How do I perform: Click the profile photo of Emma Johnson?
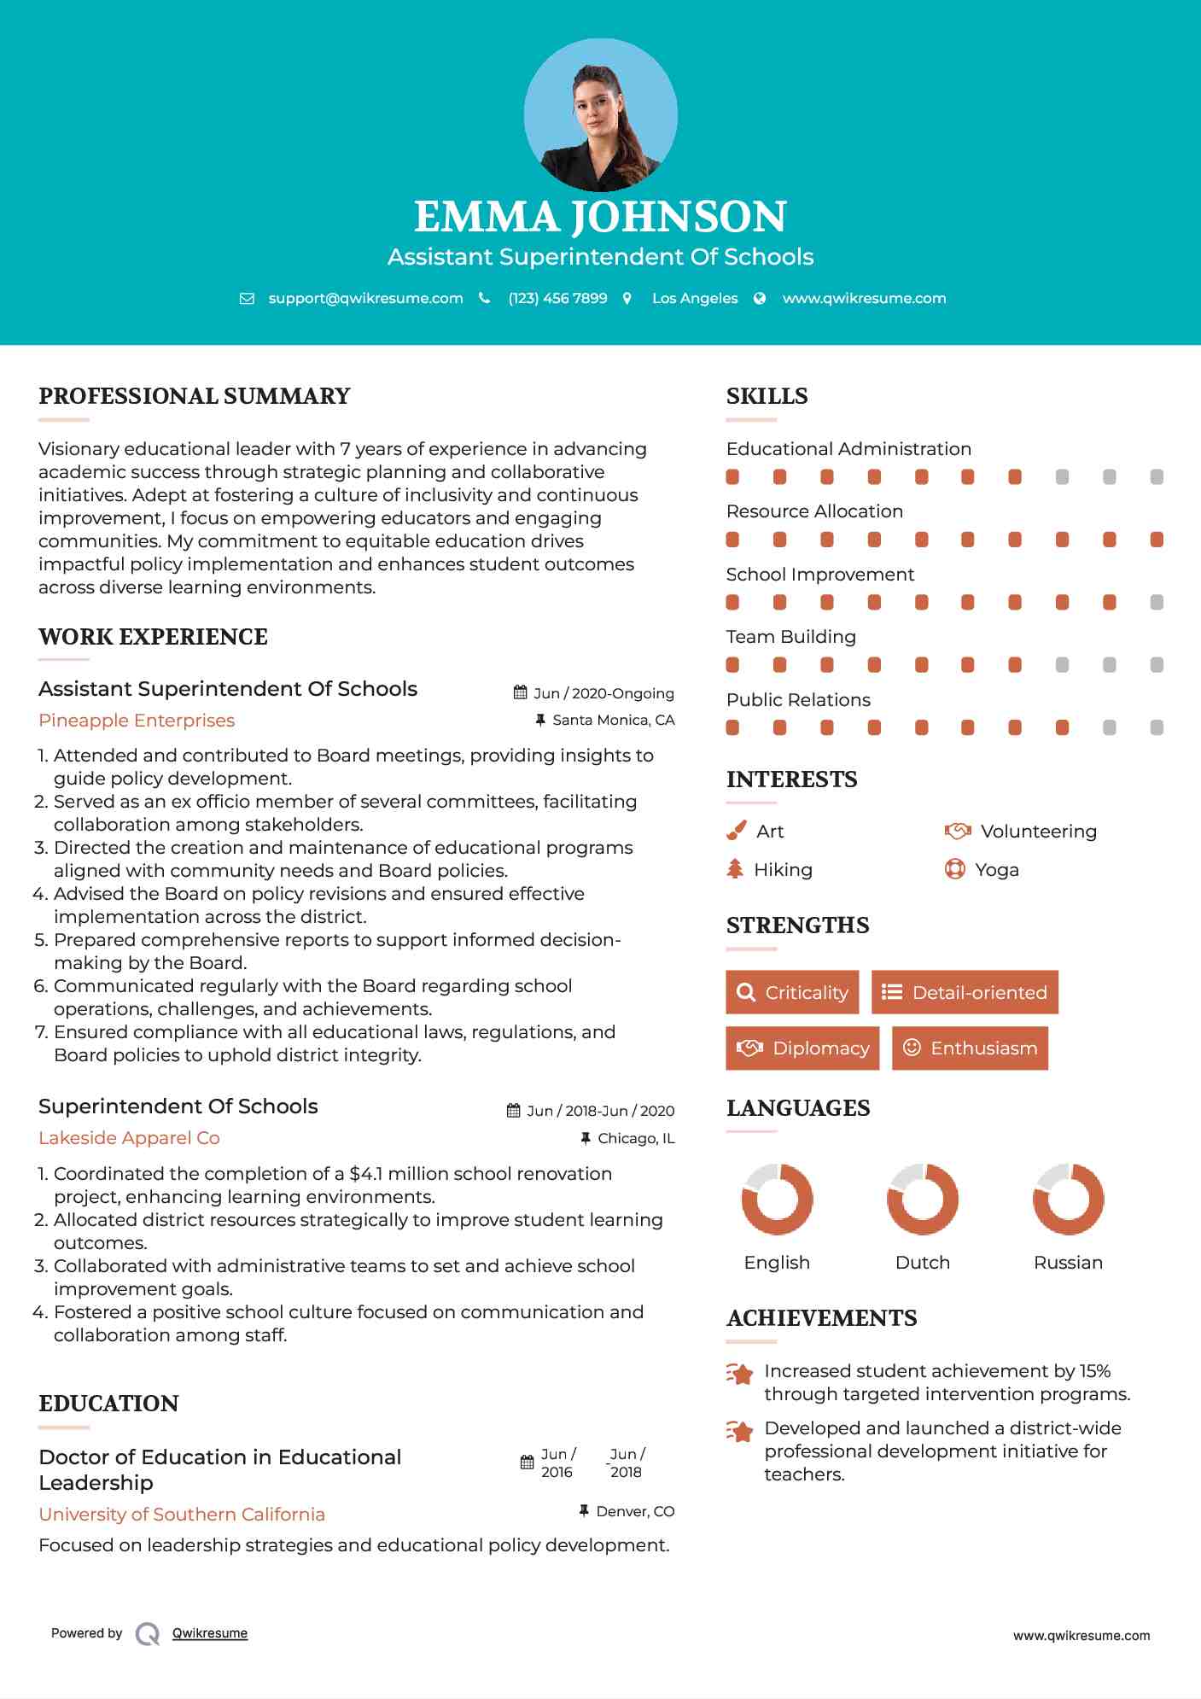tap(600, 115)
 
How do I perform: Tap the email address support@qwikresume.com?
tap(365, 298)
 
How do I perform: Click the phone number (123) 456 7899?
tap(557, 298)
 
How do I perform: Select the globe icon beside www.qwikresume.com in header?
tap(760, 298)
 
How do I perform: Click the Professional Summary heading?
tap(194, 396)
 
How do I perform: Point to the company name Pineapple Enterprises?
tap(137, 721)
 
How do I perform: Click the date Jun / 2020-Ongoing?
tap(603, 693)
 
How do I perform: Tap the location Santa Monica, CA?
tap(613, 720)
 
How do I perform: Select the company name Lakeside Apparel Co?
tap(129, 1138)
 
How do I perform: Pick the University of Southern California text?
tap(182, 1515)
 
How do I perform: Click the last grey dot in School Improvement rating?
tap(1157, 603)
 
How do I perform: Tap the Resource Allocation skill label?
tap(814, 511)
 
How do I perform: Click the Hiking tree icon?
tap(735, 869)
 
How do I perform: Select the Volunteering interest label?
tap(1038, 832)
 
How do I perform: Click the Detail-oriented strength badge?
tap(965, 992)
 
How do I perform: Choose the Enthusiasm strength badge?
tap(970, 1048)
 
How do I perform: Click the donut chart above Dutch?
tap(922, 1199)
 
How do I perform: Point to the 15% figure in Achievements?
tap(1094, 1371)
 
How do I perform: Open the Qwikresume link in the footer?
tap(210, 1633)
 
